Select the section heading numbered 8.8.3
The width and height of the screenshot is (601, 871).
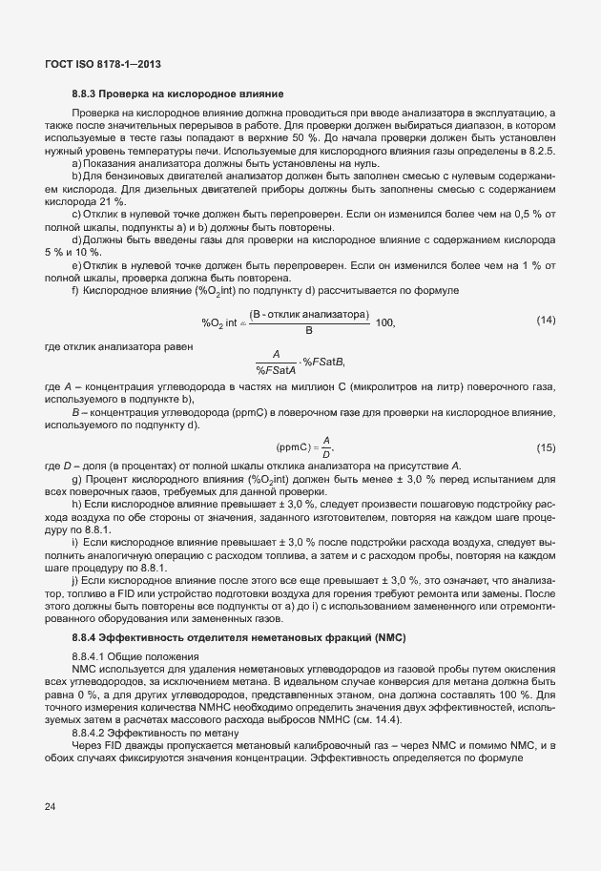176,93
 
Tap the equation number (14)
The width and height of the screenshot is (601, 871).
546,319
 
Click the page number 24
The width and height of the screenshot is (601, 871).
50,807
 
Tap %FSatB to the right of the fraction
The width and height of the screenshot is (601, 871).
323,362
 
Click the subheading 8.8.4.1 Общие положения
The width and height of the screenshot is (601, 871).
135,656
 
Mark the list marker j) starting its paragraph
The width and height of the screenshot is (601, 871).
75,580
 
